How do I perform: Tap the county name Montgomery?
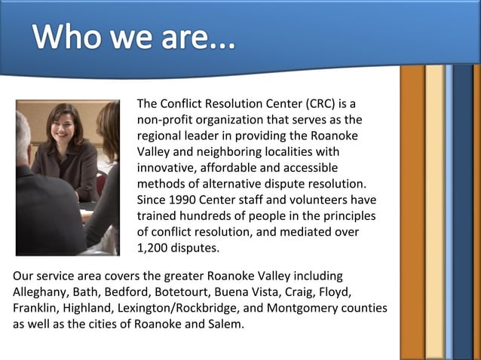pos(301,308)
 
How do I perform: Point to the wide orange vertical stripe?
pos(412,211)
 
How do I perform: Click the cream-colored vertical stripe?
pos(434,211)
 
